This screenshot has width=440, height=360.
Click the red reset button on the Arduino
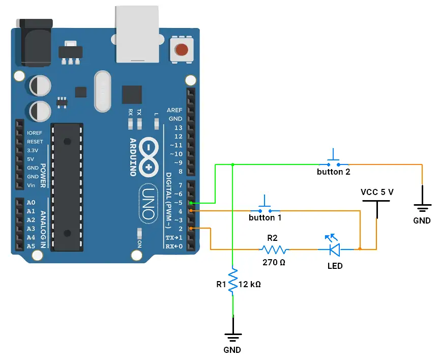(x=181, y=50)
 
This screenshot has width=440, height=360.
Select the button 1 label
(x=265, y=217)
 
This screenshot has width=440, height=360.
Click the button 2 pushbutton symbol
(x=334, y=160)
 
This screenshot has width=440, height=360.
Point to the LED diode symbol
(x=334, y=249)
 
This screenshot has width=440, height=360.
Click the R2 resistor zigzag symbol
(x=274, y=250)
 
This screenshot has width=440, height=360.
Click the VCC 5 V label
(x=377, y=192)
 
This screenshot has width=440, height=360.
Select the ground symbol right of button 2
(x=422, y=207)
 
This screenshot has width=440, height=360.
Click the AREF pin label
(x=174, y=110)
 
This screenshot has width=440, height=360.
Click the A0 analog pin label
(x=31, y=202)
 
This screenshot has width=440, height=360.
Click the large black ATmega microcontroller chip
(x=67, y=186)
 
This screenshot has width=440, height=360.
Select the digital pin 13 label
(x=178, y=127)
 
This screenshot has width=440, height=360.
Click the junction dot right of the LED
(x=360, y=250)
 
